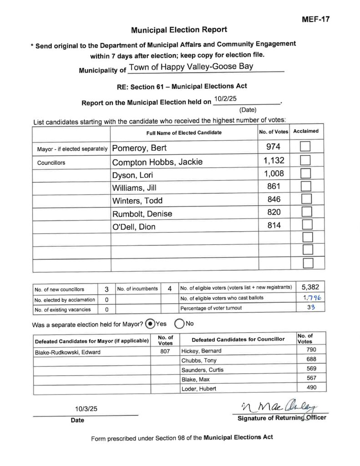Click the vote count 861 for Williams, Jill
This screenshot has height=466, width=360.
tap(274, 186)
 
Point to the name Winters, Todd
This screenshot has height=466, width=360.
tap(137, 201)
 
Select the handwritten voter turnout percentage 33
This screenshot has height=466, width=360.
tap(310, 308)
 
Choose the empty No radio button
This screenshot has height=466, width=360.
tap(178, 324)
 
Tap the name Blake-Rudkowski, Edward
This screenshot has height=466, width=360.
tap(67, 351)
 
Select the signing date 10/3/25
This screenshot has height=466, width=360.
tap(86, 409)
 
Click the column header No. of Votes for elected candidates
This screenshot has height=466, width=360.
tap(274, 132)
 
